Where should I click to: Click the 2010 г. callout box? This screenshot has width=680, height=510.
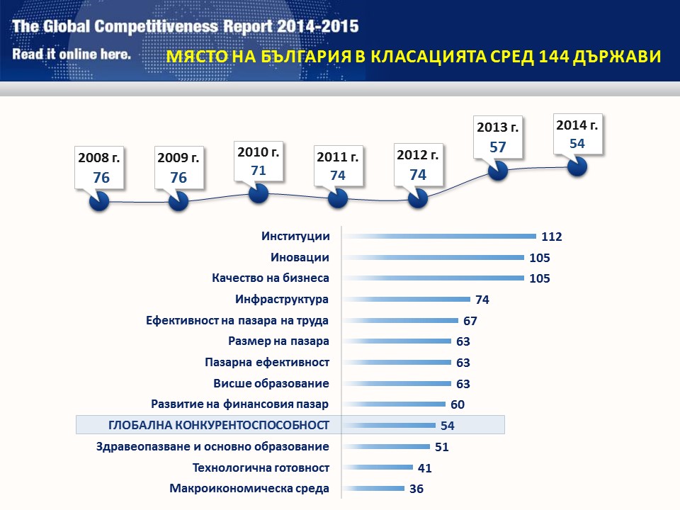259,161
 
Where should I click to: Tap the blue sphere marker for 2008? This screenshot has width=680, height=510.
99,202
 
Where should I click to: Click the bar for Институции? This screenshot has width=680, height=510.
439,236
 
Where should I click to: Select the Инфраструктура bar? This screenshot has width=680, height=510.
407,300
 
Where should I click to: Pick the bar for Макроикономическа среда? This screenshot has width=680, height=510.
373,488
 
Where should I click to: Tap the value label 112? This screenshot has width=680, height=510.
551,237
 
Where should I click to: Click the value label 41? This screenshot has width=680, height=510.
424,467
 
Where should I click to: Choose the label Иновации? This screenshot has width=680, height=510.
300,257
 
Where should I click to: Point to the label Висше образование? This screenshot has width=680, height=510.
271,383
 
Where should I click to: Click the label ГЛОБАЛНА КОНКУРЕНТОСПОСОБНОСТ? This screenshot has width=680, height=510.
219,425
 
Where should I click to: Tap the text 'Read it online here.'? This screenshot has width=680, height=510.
72,54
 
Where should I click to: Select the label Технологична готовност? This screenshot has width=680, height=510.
261,467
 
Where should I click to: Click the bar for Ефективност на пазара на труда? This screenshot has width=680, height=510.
400,320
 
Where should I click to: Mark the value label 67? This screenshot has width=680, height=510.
470,321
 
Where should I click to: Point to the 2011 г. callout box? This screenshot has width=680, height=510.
338,166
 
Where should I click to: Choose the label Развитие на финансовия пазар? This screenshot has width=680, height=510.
240,404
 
